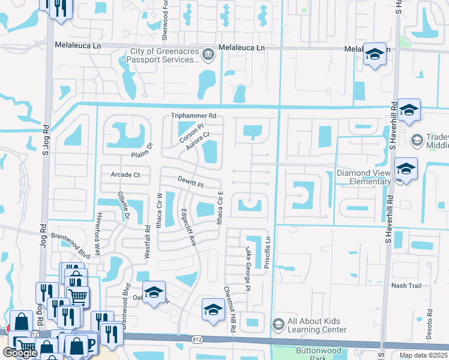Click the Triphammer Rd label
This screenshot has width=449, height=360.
coord(193,115)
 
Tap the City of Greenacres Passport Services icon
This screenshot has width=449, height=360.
coord(208,55)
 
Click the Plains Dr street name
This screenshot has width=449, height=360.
coord(143,149)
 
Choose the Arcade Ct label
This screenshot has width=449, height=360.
coord(125,175)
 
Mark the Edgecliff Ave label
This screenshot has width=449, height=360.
coord(189,226)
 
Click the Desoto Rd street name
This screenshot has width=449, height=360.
coord(430,324)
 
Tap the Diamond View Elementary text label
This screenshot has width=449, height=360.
coord(364,177)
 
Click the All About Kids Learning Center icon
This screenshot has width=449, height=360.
coord(277,325)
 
